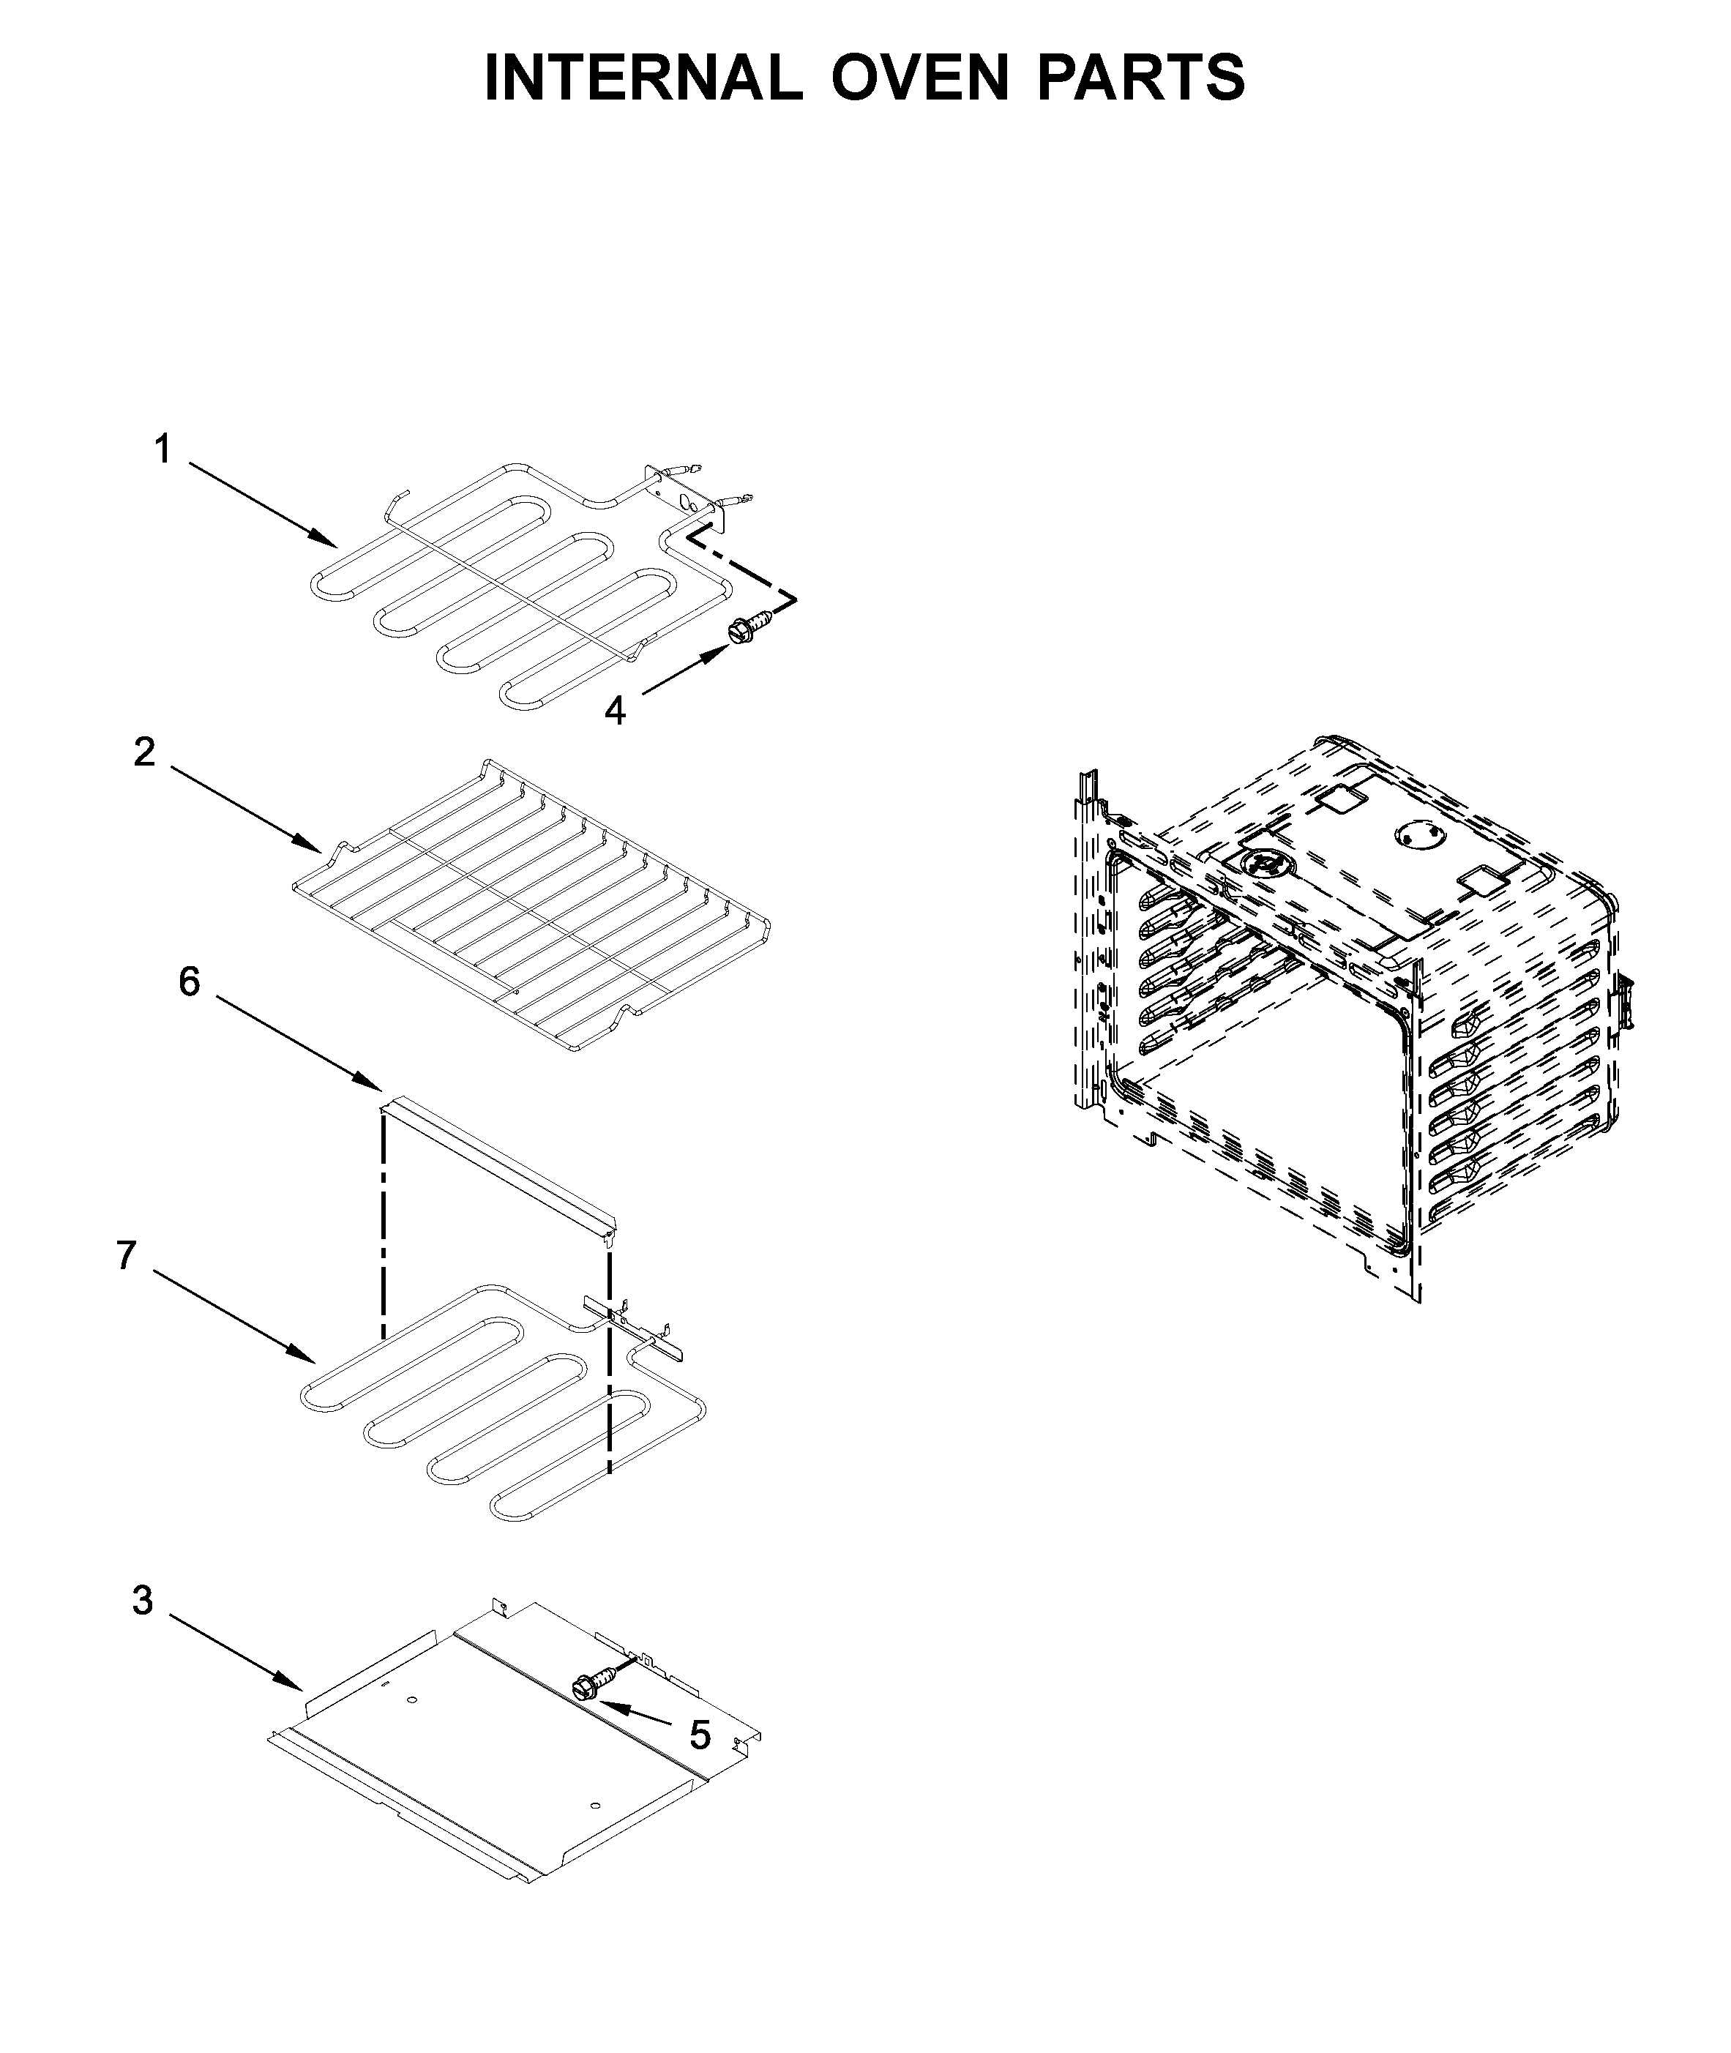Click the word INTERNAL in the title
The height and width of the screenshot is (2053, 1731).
643,78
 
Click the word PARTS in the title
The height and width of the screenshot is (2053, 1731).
1141,78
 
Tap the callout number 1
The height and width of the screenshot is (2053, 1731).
163,450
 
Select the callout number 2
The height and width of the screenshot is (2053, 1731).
144,752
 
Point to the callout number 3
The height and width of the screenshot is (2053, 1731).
143,1601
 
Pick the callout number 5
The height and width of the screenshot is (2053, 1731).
700,1735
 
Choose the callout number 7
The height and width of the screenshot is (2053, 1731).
126,1255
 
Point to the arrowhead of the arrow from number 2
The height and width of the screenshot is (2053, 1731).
312,847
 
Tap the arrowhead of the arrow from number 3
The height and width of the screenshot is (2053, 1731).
294,1684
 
